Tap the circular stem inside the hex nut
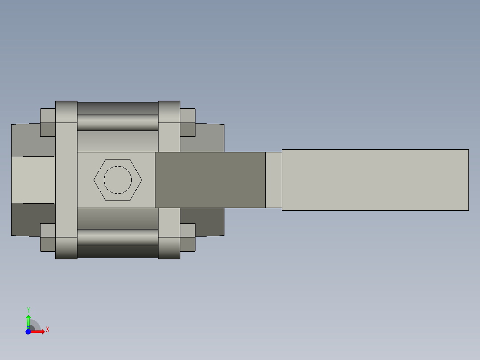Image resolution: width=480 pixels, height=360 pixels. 118,180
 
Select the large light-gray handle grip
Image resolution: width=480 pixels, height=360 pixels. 375,180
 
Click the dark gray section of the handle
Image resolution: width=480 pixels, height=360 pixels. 210,180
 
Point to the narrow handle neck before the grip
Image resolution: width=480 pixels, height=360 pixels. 273,180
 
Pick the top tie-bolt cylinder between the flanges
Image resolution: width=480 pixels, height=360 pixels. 118,116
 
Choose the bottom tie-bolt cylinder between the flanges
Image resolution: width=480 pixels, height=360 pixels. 118,243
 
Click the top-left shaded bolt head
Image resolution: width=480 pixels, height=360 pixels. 66,111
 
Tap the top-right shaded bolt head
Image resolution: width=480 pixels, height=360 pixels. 169,111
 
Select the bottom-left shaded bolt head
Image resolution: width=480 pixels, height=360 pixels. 66,248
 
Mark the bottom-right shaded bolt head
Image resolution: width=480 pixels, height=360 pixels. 169,248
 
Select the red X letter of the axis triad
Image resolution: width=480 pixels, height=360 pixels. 47,330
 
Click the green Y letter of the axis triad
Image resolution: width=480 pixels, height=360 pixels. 28,310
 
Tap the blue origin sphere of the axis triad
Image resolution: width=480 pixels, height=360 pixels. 28,331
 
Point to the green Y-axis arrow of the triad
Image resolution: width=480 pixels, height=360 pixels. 28,320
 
